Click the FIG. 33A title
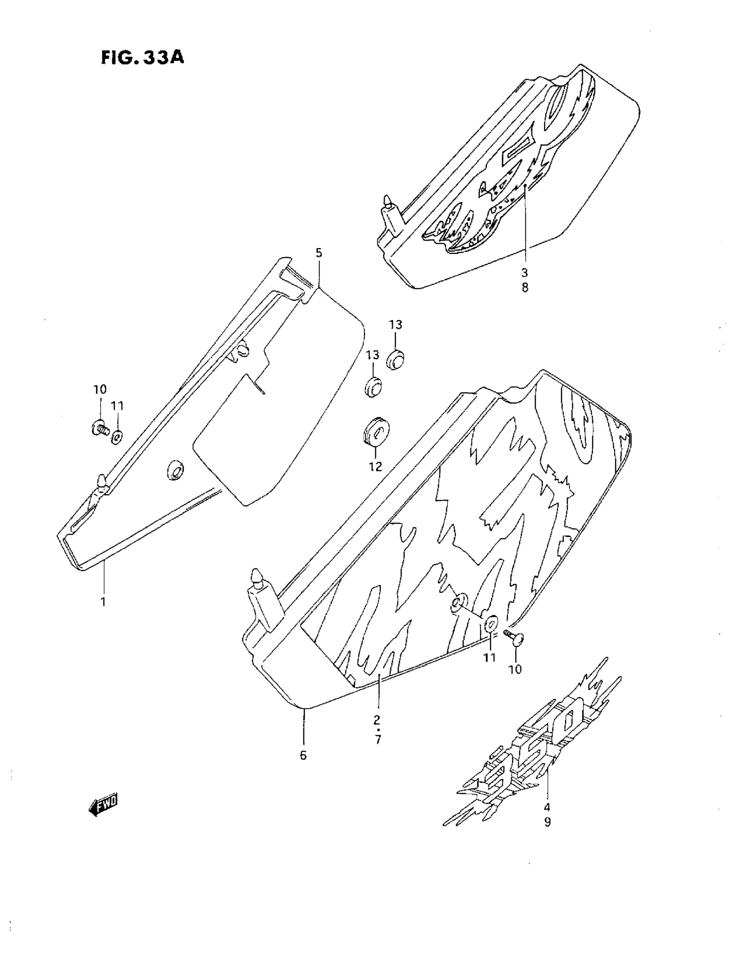click(142, 57)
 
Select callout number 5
click(319, 253)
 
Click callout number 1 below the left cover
click(104, 601)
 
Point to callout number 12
click(375, 466)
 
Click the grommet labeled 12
click(376, 429)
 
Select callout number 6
click(303, 755)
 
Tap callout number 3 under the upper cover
click(525, 273)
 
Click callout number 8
click(525, 288)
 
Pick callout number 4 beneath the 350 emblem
click(547, 807)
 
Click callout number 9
click(547, 822)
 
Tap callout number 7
click(378, 739)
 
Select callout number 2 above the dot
click(377, 720)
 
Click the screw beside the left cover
click(100, 427)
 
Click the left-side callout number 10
click(100, 389)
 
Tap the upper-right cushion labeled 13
click(396, 359)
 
